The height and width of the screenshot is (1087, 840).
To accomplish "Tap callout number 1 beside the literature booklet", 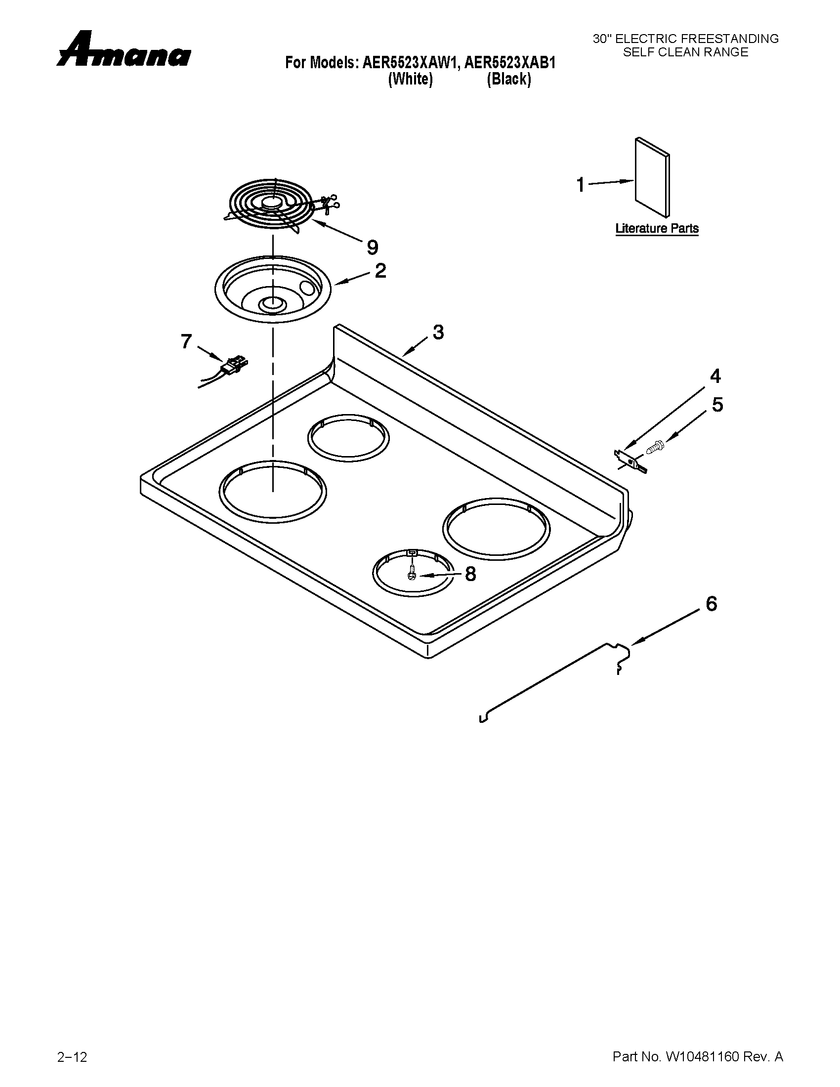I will point(580,185).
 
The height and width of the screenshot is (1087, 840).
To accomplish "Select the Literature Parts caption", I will point(657,228).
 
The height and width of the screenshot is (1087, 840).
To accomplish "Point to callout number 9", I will point(372,247).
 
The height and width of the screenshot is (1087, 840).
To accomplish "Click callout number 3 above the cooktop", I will point(438,332).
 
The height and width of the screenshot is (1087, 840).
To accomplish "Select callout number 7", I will point(186,341).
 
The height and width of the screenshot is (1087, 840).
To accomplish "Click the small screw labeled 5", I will point(654,447).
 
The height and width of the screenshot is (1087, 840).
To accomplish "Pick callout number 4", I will point(715,376).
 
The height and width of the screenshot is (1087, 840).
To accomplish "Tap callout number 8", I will point(470,574).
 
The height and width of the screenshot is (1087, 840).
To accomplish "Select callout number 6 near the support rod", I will point(712,604).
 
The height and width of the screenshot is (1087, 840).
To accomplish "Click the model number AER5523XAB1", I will point(510,63).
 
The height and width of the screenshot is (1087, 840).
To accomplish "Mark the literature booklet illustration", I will point(652,177).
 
